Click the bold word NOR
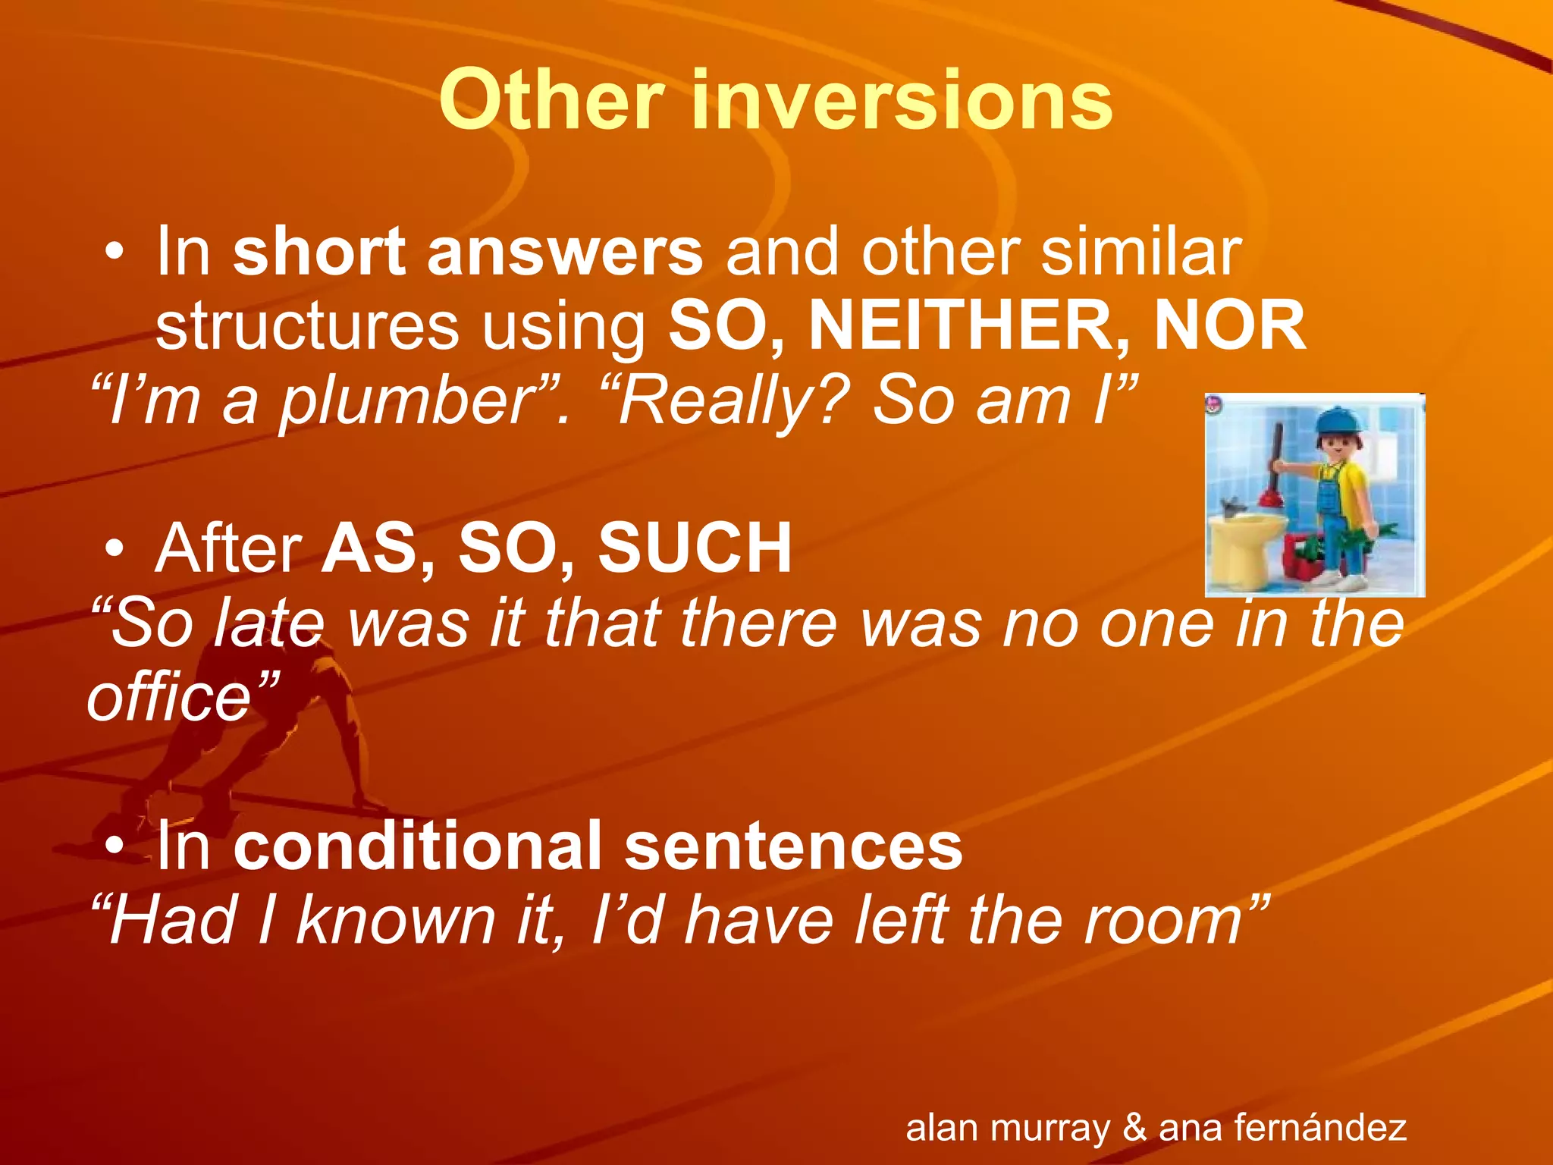click(x=1230, y=326)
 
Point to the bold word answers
click(x=565, y=253)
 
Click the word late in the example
click(x=269, y=623)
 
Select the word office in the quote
click(x=168, y=698)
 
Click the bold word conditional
click(x=417, y=846)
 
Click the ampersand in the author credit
click(x=1134, y=1127)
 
